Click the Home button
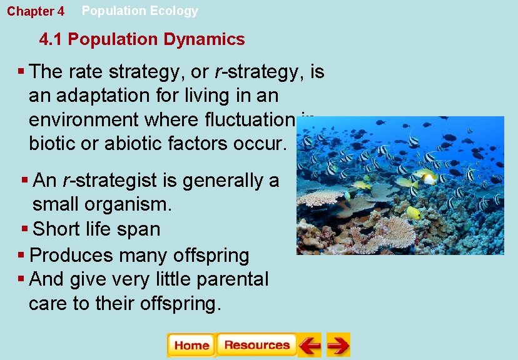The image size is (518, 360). [191, 345]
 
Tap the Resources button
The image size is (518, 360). [256, 345]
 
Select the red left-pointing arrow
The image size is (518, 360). [309, 345]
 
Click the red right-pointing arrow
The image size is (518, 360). [338, 345]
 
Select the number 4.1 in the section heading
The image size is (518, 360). [51, 39]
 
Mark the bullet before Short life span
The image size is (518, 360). [24, 229]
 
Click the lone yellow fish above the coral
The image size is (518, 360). [414, 212]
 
